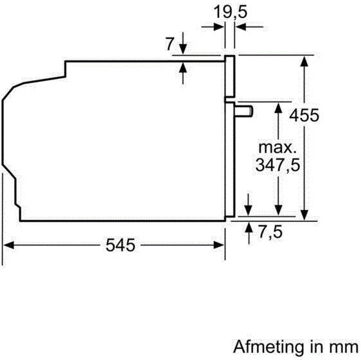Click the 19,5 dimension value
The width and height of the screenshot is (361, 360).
tap(230, 11)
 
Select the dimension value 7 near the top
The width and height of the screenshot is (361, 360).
tap(170, 44)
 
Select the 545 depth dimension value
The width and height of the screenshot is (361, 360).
tap(118, 245)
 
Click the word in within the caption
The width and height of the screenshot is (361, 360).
tap(311, 347)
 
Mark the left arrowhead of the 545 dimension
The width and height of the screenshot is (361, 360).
tap(10, 244)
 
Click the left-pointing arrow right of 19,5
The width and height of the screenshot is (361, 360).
tap(240, 26)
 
